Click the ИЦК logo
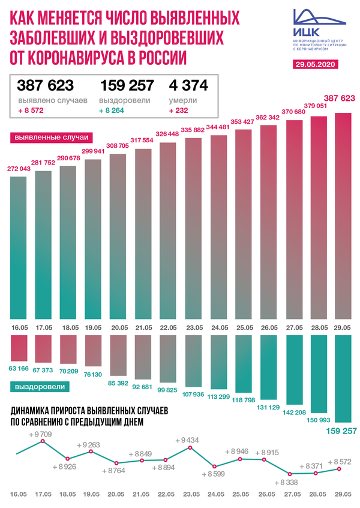tap(319, 29)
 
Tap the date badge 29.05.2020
tap(315, 64)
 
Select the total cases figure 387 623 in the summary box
tap(46, 85)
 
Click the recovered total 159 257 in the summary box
tap(127, 85)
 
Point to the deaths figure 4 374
tap(188, 85)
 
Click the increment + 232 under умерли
tap(178, 110)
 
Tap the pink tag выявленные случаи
tap(52, 138)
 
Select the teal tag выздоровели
tap(40, 387)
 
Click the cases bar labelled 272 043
tap(19, 248)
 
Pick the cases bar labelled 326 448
tap(167, 231)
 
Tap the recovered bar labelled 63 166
tap(19, 348)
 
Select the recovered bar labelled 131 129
tap(269, 367)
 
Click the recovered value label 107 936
tap(193, 395)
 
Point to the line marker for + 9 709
tap(42, 441)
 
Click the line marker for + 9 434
tap(190, 447)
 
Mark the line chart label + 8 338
tap(286, 482)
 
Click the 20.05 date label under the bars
tap(119, 327)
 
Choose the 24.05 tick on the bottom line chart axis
tap(215, 494)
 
